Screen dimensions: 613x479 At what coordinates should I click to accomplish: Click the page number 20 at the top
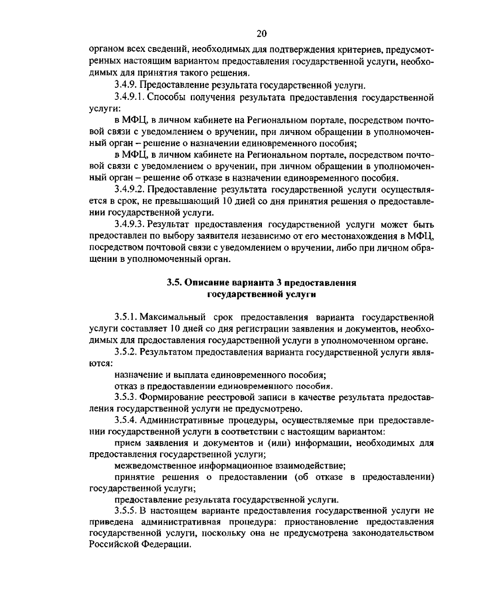coord(261,34)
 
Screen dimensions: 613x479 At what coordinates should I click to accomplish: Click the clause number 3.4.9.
coord(125,85)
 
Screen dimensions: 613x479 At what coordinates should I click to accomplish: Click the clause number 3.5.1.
coord(125,318)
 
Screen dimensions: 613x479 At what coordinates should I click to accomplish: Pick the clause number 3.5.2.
coord(125,352)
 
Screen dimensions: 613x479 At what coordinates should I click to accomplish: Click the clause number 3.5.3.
coord(125,397)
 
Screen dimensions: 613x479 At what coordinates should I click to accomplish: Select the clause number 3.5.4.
coord(125,420)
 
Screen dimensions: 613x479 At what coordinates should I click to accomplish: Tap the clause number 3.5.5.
coord(125,510)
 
